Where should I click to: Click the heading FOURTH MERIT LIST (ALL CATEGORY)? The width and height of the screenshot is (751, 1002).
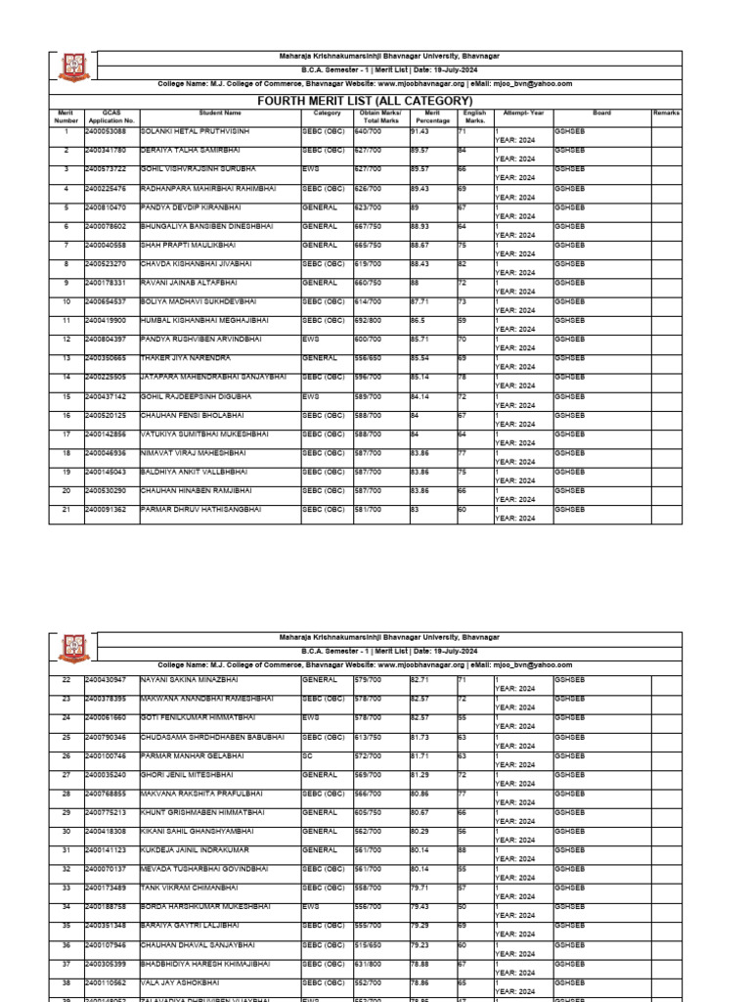(x=364, y=101)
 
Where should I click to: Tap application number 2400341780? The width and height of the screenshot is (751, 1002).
(x=106, y=150)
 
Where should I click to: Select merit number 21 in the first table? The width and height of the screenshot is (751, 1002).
(x=66, y=510)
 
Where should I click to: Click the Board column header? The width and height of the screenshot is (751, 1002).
(x=601, y=113)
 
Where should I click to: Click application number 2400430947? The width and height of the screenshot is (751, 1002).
(x=106, y=680)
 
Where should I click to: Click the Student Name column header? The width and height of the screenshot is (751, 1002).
(x=219, y=113)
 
